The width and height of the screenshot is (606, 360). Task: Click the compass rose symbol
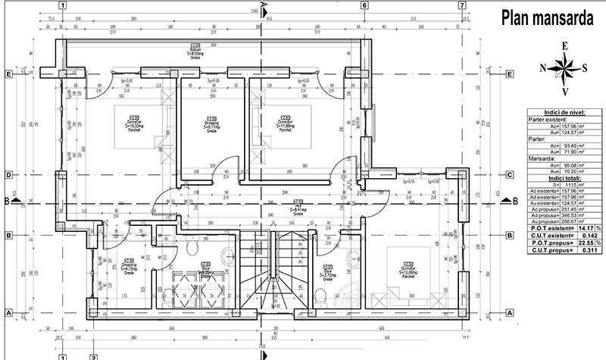(564, 68)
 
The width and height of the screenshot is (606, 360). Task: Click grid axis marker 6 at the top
(364, 6)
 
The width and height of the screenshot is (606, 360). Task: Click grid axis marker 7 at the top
(461, 6)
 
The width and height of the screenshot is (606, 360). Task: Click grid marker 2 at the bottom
(92, 355)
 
